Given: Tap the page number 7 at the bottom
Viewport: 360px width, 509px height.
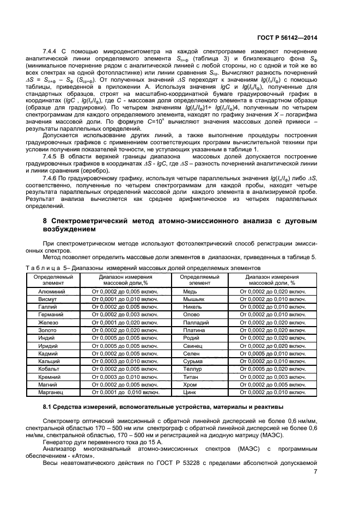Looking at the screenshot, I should pyautogui.click(x=315, y=471).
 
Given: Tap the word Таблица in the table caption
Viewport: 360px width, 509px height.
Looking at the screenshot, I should pyautogui.click(x=44, y=268).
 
